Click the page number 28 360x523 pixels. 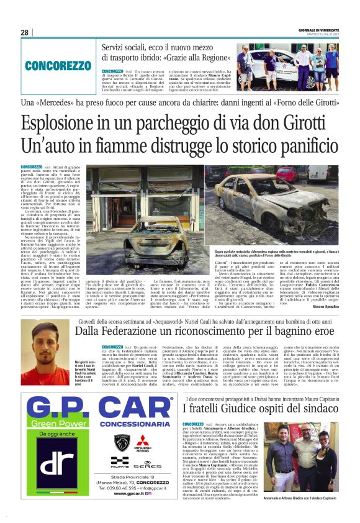[24, 32]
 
